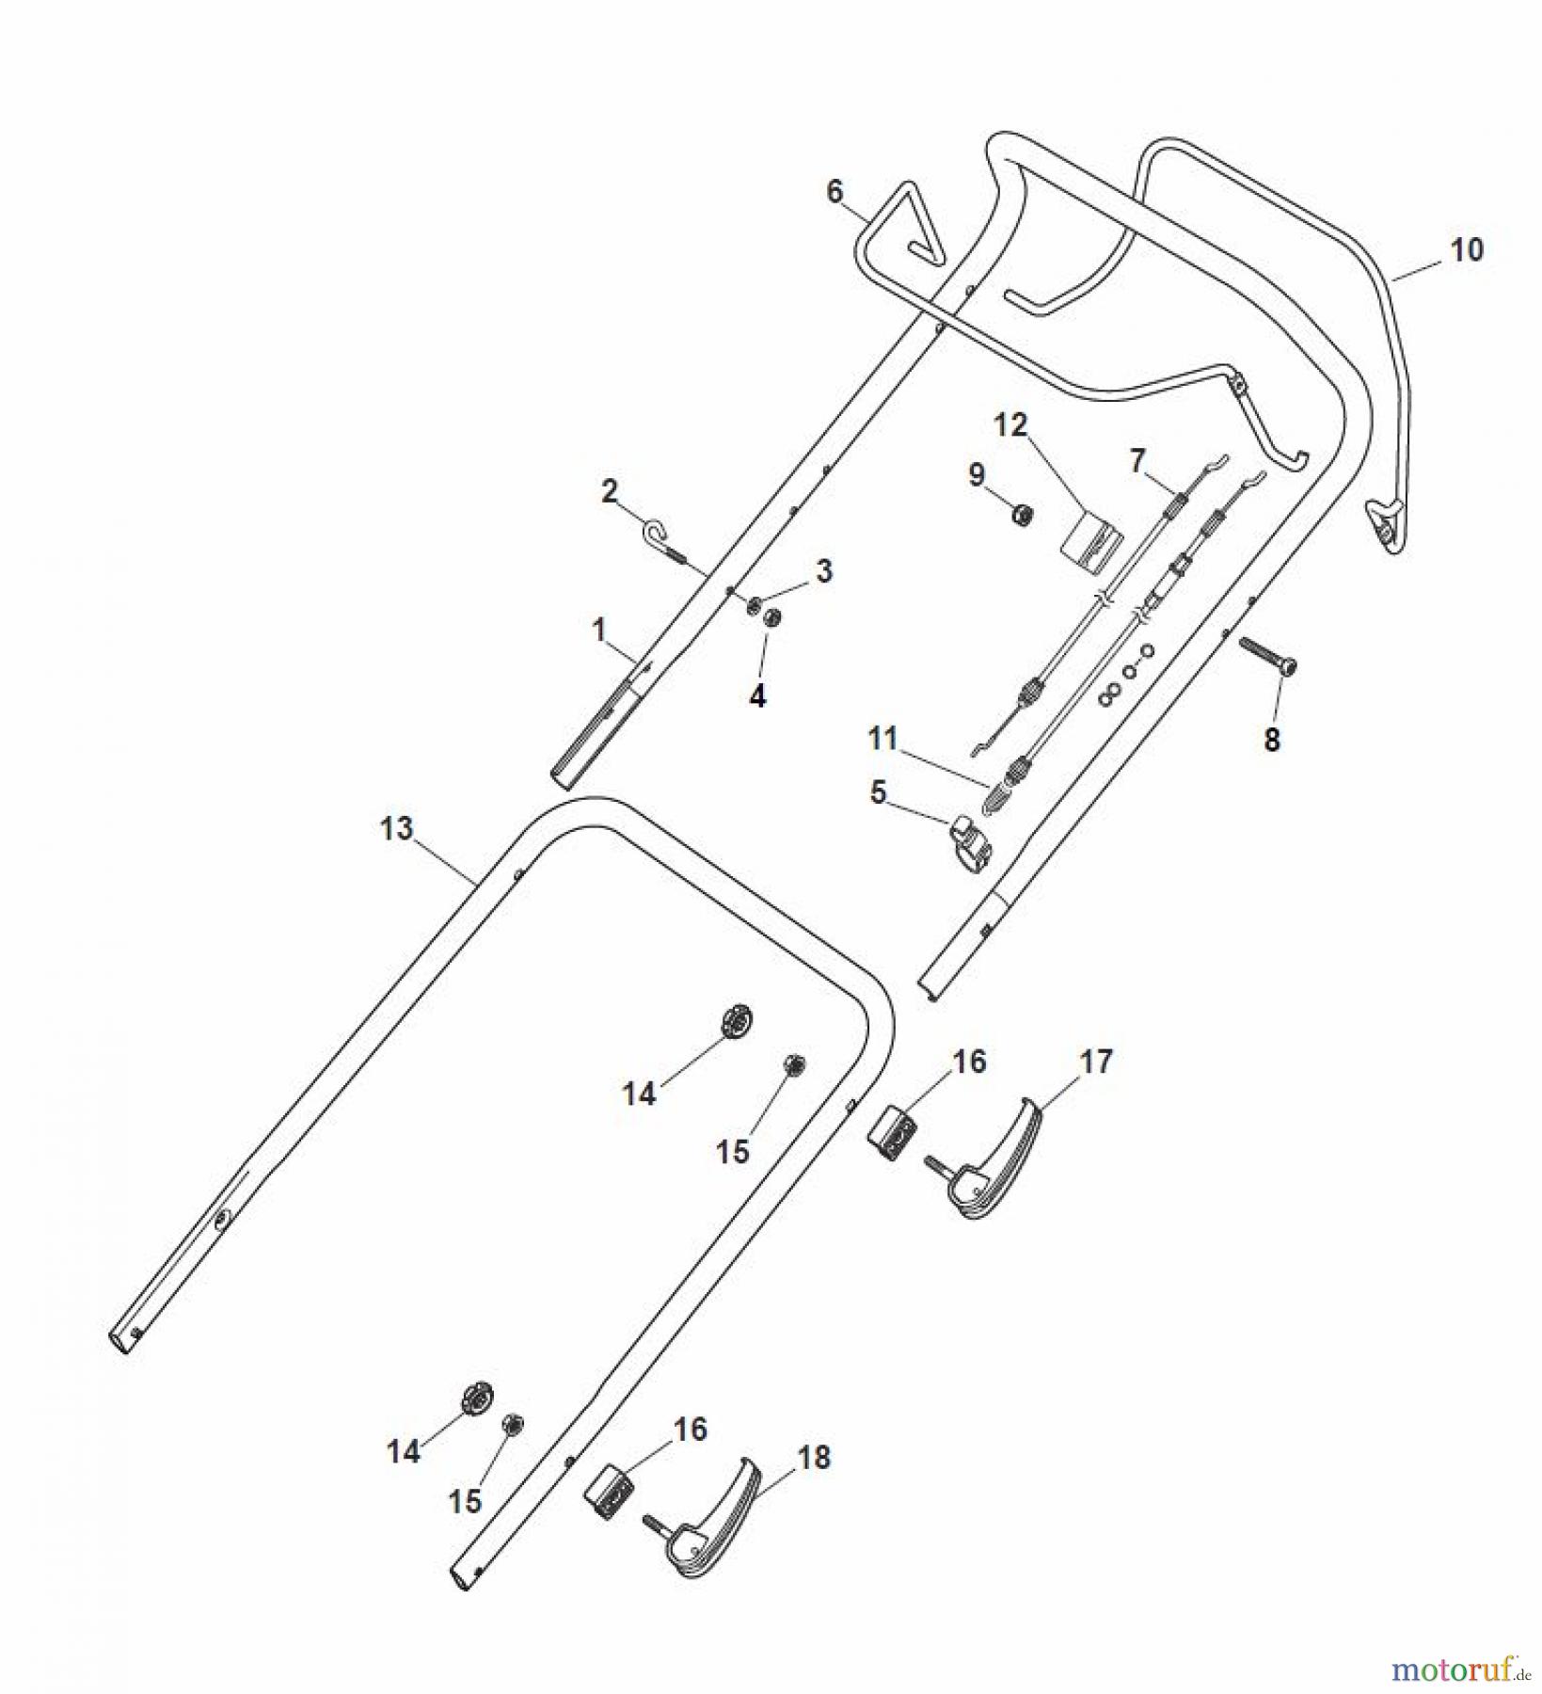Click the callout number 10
pyautogui.click(x=1467, y=249)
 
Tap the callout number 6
pyautogui.click(x=835, y=191)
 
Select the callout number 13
pyautogui.click(x=396, y=828)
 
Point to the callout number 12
pyautogui.click(x=1011, y=425)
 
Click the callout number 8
pyautogui.click(x=1271, y=740)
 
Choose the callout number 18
pyautogui.click(x=814, y=1458)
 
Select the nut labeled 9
pyautogui.click(x=1021, y=516)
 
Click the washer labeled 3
pyautogui.click(x=755, y=605)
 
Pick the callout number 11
pyautogui.click(x=882, y=739)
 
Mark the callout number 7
pyautogui.click(x=1137, y=461)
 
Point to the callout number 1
pyautogui.click(x=598, y=630)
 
